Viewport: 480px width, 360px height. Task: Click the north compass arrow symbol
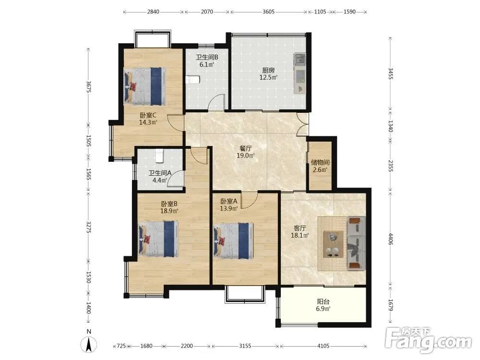point(89,344)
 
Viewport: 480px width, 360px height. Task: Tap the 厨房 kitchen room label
point(268,71)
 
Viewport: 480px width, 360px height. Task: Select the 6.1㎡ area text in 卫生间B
point(206,65)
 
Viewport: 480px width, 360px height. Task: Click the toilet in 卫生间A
point(159,156)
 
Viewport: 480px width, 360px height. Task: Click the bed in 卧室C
point(145,86)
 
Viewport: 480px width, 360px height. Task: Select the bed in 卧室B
point(158,239)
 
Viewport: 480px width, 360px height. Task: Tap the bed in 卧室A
point(233,241)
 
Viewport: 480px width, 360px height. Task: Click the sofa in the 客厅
point(356,243)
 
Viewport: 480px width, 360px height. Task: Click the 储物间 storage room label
point(320,162)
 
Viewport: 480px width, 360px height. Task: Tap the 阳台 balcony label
point(323,301)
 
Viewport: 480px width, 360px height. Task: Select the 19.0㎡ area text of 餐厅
point(245,156)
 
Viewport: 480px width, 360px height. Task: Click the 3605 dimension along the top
point(268,12)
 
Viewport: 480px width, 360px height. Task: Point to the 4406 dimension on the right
point(391,239)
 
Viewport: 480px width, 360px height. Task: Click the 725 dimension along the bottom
point(121,346)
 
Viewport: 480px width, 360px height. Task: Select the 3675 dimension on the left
point(88,86)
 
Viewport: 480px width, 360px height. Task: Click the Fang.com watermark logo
point(428,340)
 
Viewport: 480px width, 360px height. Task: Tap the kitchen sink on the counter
point(300,60)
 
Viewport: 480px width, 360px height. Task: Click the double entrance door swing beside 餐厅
point(303,124)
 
